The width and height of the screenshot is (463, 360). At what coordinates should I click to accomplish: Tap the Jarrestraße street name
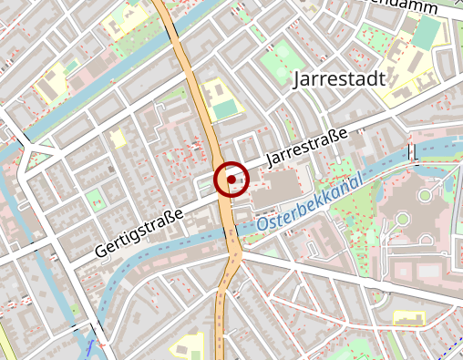[306, 148]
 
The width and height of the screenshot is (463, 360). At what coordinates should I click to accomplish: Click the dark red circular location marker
[231, 180]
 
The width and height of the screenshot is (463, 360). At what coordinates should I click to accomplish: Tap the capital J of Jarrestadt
[299, 80]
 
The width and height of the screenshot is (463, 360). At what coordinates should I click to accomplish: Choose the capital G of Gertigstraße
[99, 250]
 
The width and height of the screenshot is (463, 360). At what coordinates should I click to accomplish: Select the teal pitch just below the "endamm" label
[425, 34]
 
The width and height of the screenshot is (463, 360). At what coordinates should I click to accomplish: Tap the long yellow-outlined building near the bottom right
[409, 317]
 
